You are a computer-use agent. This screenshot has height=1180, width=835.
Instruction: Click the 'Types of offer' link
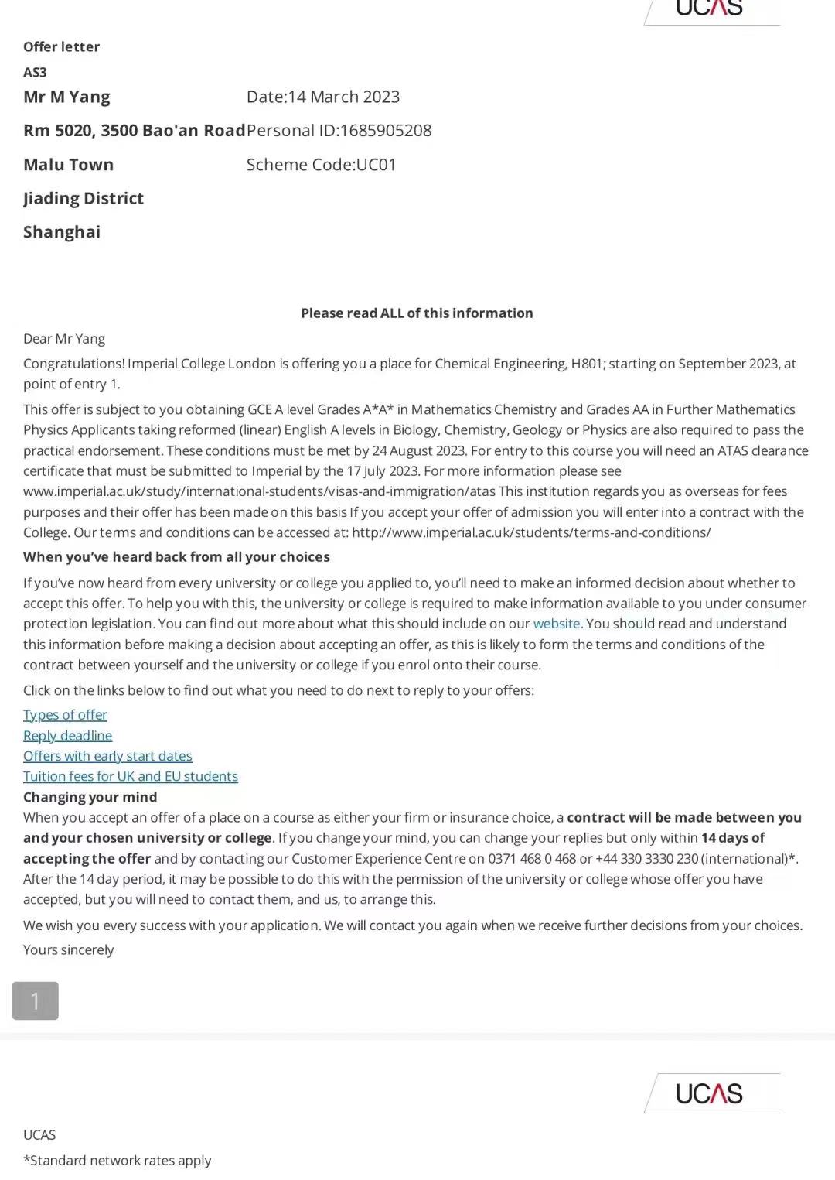pos(65,715)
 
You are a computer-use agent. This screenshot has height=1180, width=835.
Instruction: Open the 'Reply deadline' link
pos(67,736)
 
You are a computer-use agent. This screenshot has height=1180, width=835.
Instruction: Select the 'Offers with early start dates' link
pos(107,756)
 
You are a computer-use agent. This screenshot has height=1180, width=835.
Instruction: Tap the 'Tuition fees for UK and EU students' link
pos(131,776)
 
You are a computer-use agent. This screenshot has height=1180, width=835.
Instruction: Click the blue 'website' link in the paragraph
pos(556,624)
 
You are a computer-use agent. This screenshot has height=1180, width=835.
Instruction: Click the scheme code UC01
pos(376,165)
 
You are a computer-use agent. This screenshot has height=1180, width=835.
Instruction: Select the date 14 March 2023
pos(344,97)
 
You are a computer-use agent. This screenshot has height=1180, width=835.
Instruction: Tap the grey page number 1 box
pos(35,1000)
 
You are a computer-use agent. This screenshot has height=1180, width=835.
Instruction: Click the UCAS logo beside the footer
pos(709,1093)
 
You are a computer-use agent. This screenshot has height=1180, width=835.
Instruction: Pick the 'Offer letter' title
pos(61,47)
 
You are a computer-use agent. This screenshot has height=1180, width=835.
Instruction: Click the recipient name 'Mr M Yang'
pos(66,97)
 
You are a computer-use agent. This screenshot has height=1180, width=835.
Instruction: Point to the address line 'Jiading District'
pos(83,199)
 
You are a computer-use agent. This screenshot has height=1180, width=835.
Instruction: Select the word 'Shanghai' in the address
pos(62,232)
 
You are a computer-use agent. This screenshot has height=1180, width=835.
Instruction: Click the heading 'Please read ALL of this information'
pos(417,313)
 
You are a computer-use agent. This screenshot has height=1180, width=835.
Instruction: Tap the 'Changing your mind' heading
pos(90,797)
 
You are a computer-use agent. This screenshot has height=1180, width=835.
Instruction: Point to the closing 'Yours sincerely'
pos(68,950)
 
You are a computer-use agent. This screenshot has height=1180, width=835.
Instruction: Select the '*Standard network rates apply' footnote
pos(117,1161)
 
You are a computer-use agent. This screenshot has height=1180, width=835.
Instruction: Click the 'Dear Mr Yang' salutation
pos(64,339)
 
